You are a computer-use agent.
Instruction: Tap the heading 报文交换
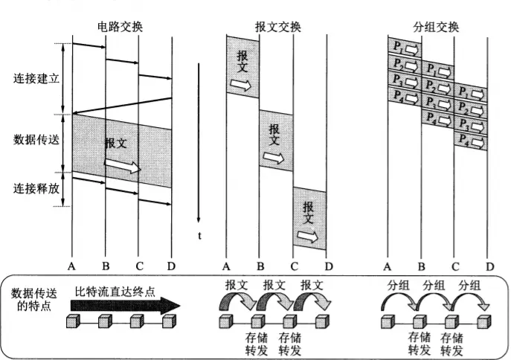pos(277,27)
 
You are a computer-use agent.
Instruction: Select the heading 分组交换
pos(436,27)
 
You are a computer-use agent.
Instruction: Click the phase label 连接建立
pos(36,78)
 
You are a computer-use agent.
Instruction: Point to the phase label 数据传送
pos(36,140)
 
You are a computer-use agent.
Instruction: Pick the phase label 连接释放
pos(36,188)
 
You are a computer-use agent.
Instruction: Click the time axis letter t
pos(200,236)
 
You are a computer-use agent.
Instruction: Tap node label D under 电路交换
pos(172,266)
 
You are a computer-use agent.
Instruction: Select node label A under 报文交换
pos(226,266)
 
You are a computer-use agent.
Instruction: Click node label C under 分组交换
pos(454,266)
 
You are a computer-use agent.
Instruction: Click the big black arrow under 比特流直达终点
pos(126,305)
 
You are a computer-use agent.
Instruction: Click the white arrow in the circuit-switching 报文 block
pos(123,166)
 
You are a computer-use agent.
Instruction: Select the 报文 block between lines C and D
pos(309,218)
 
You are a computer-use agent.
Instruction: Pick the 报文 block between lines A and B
pos(242,67)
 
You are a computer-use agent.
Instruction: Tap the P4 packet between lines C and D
pos(471,141)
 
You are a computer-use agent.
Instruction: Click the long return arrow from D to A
pos(122,106)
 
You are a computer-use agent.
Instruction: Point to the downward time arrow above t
pos(199,141)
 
